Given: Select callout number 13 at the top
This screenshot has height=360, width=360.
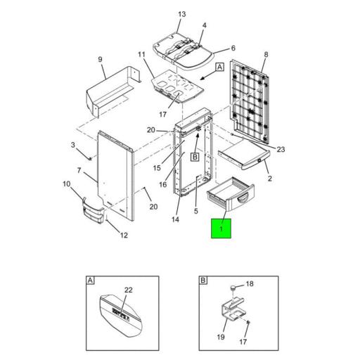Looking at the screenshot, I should pos(181,14).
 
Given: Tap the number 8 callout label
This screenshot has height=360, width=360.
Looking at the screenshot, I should pos(266,55).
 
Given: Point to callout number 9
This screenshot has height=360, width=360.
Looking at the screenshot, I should pos(101,59).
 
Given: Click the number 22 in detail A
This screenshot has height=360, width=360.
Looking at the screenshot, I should pos(129,290).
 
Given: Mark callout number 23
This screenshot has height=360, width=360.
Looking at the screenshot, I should pos(280,149).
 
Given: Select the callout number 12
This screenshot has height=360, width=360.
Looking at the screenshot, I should pos(124,235).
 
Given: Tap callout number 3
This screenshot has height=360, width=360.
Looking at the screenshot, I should pos(72,145).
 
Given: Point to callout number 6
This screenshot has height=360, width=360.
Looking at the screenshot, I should pos(233,49).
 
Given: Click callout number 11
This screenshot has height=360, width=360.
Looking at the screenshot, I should pos(141,55).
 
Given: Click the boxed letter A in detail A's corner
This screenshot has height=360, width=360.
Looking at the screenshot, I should pos(90,281).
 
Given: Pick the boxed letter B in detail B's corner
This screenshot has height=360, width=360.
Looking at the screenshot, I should pos(202,281).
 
